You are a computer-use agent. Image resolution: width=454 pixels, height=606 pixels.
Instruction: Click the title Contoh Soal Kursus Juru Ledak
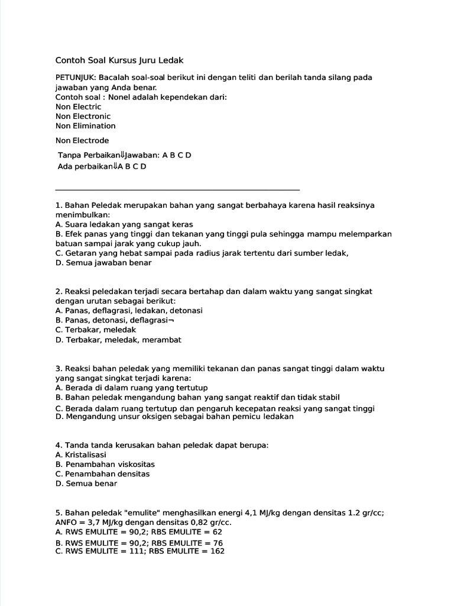119,60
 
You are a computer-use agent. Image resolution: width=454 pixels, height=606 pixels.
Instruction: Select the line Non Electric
78,107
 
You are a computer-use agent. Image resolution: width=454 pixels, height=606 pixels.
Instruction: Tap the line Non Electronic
83,116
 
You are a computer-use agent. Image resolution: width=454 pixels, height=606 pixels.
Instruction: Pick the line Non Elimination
85,125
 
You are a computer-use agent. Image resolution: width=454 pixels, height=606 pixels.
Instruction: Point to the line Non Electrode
82,140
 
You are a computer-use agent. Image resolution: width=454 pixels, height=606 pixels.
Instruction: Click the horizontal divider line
177,190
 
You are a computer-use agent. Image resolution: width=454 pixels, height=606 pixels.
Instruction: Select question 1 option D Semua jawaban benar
103,262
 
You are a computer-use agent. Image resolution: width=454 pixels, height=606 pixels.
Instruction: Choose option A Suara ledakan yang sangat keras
124,224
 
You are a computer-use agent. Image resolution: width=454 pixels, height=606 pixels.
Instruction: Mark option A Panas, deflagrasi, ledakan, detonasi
129,311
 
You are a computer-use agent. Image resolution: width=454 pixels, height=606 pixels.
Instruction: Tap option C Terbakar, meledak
96,330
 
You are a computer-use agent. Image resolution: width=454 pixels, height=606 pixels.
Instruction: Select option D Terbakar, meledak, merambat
118,340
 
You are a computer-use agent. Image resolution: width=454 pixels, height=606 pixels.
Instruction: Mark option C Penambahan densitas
102,473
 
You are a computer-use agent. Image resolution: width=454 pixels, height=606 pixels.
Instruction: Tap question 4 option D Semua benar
86,483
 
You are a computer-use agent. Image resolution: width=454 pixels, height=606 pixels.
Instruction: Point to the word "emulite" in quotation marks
129,512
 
